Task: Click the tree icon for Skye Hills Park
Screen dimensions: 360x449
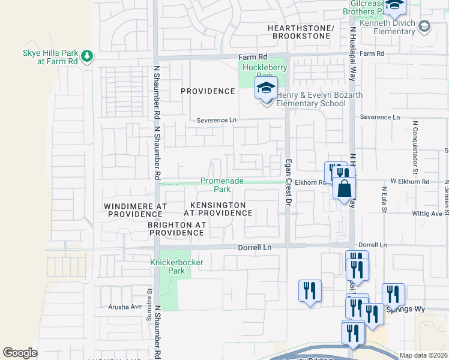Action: [88, 56]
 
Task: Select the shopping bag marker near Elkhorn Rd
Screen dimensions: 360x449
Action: [345, 189]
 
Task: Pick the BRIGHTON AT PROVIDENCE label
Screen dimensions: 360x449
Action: [177, 228]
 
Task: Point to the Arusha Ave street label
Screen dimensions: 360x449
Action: [124, 306]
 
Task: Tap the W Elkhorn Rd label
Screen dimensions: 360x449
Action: [410, 181]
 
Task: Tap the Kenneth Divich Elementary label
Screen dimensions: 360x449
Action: [392, 26]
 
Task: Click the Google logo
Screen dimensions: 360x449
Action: [20, 353]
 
